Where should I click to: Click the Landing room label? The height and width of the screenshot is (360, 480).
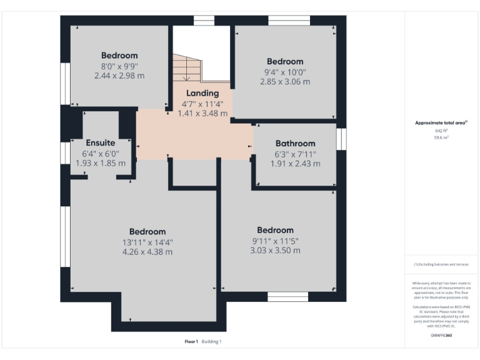point(202,93)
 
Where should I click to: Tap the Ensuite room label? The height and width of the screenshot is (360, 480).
point(101,142)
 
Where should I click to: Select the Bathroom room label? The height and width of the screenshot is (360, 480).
point(295,143)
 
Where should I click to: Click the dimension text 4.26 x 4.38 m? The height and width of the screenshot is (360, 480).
point(147,252)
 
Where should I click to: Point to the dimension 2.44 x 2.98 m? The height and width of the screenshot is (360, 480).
point(119,76)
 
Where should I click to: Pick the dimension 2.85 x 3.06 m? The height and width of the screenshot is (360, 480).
point(285,81)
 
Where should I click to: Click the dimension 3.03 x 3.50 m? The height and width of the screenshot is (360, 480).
point(275,250)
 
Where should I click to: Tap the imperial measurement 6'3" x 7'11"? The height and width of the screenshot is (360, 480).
point(295,154)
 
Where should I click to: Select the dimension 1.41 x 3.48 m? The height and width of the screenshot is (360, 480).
point(202,113)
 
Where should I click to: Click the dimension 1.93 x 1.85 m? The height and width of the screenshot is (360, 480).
point(101,162)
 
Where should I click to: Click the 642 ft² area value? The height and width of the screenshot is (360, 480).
point(441,131)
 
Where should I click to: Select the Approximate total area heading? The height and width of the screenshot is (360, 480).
point(441,123)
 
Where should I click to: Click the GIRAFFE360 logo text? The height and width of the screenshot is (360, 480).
point(441,336)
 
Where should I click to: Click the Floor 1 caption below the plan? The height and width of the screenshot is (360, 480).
point(191,342)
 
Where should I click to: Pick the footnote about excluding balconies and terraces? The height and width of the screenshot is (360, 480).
point(441,264)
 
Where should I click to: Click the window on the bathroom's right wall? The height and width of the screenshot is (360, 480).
point(341,139)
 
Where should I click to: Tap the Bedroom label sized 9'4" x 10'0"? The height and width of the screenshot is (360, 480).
point(285,61)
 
